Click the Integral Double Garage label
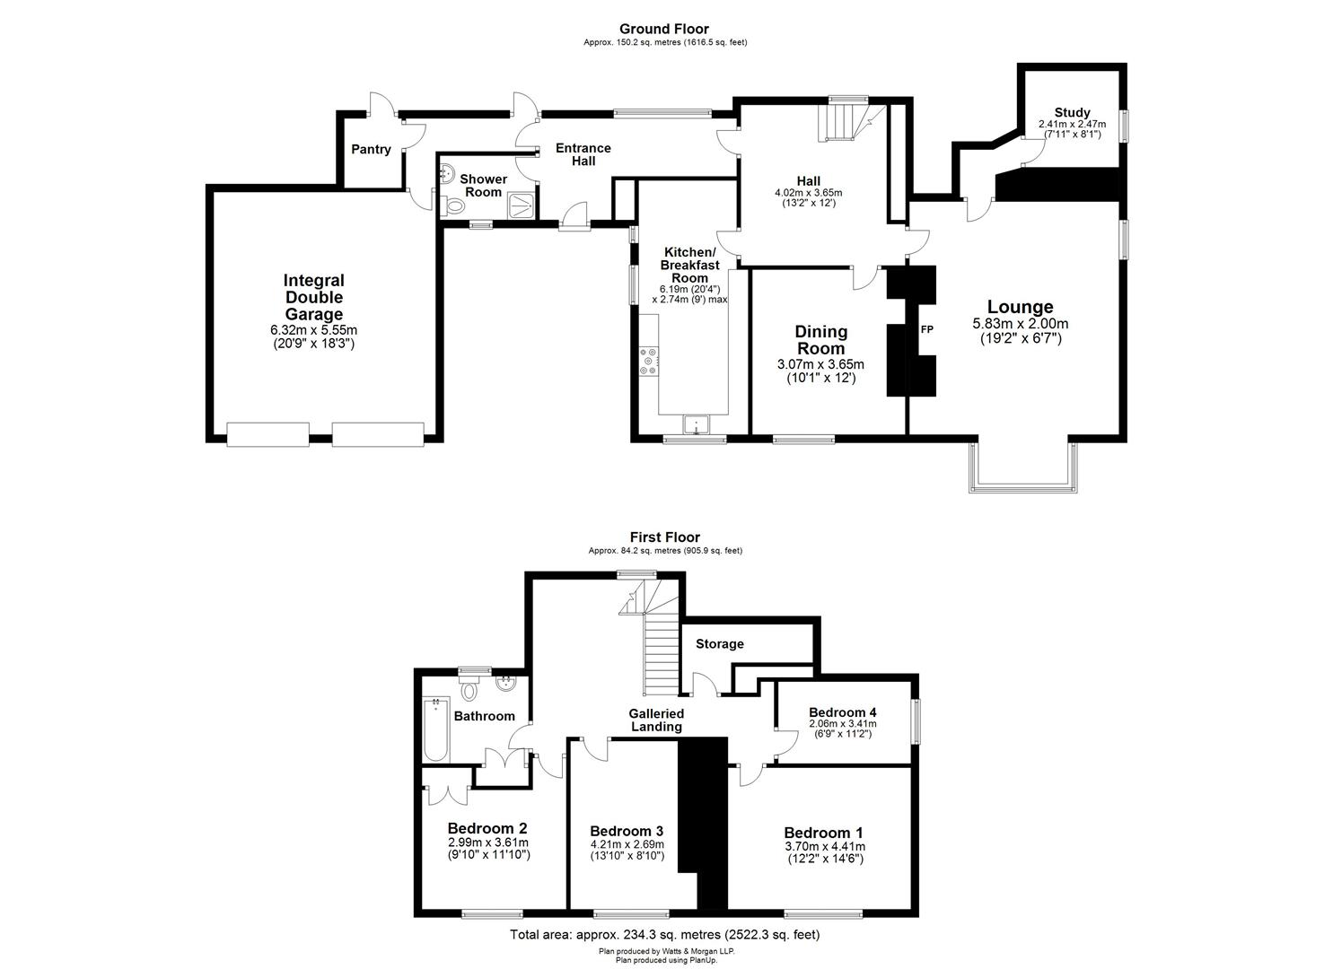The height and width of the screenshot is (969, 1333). (314, 297)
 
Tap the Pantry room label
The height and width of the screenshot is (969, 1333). (371, 149)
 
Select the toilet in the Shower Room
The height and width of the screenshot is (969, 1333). (454, 206)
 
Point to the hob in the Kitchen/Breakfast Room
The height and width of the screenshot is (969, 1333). (648, 361)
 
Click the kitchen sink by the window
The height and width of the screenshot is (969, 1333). (696, 423)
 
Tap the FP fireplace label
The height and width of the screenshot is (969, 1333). (926, 329)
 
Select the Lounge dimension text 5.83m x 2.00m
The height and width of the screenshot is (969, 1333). (1020, 324)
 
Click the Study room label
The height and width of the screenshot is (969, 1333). (1072, 113)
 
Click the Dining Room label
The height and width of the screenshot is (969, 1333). (820, 340)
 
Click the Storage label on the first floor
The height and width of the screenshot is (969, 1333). (719, 643)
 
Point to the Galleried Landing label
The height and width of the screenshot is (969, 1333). (656, 720)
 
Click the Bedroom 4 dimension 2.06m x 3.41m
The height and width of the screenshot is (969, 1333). (842, 723)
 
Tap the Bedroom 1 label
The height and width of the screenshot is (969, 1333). (823, 832)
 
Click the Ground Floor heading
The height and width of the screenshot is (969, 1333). (664, 30)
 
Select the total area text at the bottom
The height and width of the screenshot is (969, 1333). (664, 934)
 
